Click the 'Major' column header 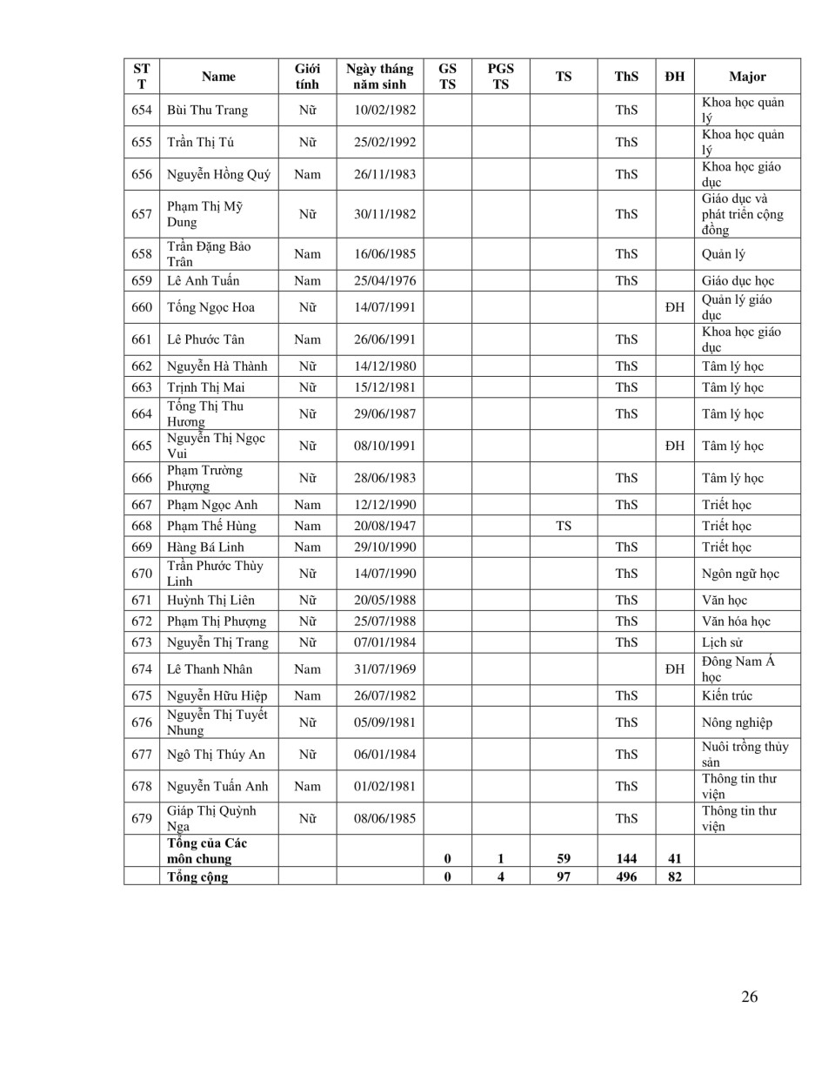tap(747, 77)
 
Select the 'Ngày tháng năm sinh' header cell tap(379, 77)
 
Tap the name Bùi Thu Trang tap(207, 110)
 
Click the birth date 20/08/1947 tap(384, 526)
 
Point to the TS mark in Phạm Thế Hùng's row tap(564, 526)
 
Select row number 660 tap(142, 307)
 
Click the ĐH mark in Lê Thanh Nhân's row tap(675, 669)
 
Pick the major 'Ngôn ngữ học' tap(740, 574)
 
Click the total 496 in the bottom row tap(626, 876)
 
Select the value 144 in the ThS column tap(626, 858)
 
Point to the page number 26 tap(749, 997)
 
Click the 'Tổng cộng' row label tap(197, 876)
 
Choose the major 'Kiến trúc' tap(727, 695)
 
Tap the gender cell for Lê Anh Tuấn tap(307, 280)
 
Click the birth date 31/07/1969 tap(384, 669)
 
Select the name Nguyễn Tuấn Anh tap(217, 786)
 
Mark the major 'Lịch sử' tap(722, 642)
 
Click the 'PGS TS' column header tap(500, 77)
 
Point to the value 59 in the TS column tap(564, 858)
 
